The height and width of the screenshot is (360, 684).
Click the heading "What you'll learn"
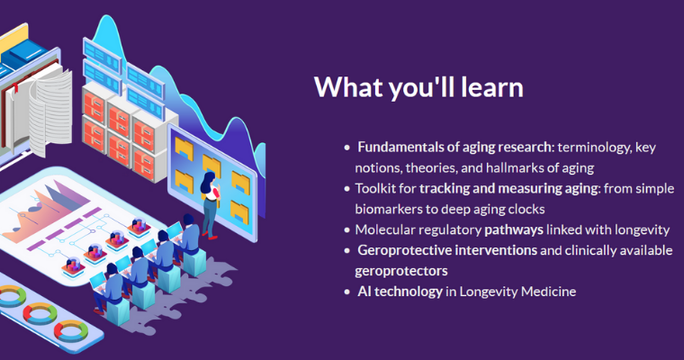click(x=418, y=87)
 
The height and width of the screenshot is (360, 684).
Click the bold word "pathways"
click(x=514, y=230)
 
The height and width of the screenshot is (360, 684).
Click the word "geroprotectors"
click(x=400, y=271)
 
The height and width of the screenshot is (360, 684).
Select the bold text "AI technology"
click(x=400, y=291)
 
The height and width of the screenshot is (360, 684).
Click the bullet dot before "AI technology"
click(x=346, y=292)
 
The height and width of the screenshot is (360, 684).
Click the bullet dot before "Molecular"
click(x=346, y=230)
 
